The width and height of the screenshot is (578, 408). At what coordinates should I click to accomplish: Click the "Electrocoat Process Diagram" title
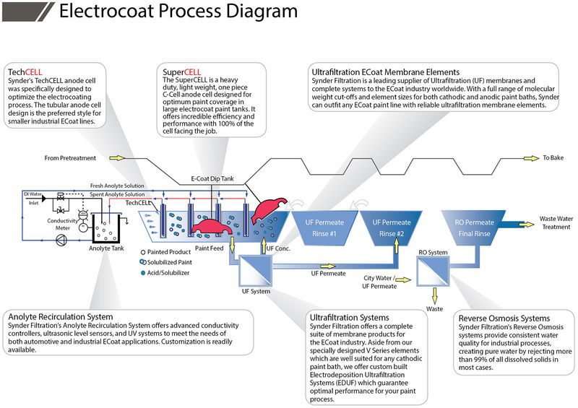pos(177,12)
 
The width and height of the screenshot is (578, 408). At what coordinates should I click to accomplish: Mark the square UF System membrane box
pos(255,272)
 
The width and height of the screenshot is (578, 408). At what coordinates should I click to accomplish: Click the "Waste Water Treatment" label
pos(558,222)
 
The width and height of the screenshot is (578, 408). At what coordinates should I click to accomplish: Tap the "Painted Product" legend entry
pos(168,252)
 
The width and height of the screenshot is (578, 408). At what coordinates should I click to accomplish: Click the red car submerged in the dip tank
pos(213,227)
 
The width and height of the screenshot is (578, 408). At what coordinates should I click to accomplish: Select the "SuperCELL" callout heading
pos(182,72)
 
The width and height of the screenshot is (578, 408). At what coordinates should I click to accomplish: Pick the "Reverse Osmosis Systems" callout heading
pos(504,318)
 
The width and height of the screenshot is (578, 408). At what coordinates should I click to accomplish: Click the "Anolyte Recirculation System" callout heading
pos(60,316)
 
